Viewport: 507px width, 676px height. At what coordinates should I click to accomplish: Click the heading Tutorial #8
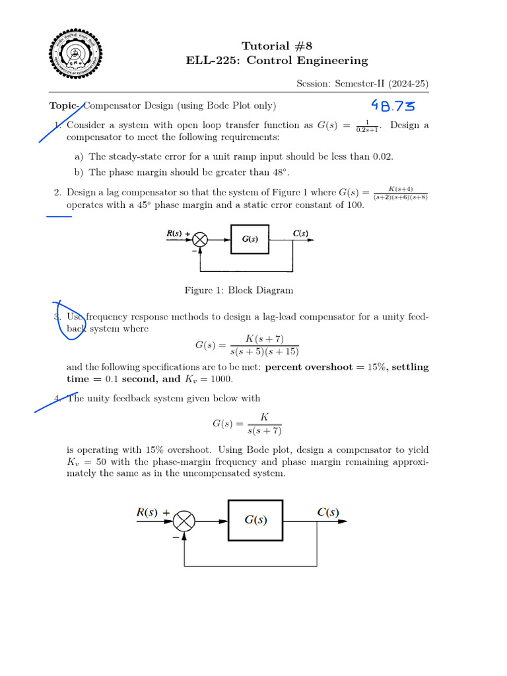[277, 46]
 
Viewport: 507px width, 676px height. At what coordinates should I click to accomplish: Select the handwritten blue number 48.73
[394, 106]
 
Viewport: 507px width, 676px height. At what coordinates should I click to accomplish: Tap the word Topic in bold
[64, 106]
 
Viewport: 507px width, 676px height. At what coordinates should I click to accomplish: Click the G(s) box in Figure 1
[250, 240]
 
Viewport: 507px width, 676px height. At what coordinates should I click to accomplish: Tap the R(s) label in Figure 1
[175, 233]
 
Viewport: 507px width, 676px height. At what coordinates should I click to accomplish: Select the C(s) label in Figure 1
[300, 233]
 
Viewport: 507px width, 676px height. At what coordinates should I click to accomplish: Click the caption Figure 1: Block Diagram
[239, 290]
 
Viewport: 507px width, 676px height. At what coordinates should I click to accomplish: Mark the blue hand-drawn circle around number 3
[67, 320]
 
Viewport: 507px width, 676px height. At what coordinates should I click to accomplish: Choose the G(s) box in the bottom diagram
[256, 520]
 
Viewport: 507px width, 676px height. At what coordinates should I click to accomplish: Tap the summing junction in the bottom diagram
[184, 522]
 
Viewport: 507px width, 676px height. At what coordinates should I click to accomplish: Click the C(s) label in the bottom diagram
[328, 512]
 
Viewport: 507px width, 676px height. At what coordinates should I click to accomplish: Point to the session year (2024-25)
[408, 84]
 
